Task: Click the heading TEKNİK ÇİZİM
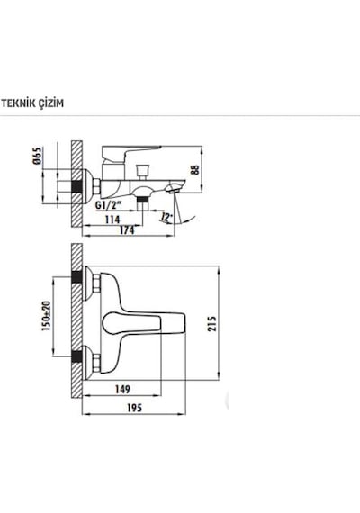coord(32,103)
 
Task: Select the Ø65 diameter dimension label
coord(38,156)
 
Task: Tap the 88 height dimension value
coord(195,170)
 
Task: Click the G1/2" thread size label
coord(108,205)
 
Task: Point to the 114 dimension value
coord(112,220)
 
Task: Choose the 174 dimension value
coord(127,230)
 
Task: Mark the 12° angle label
coord(166,217)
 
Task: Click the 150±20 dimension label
coord(47,316)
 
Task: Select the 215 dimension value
coord(212,324)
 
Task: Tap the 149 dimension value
coord(122,389)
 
